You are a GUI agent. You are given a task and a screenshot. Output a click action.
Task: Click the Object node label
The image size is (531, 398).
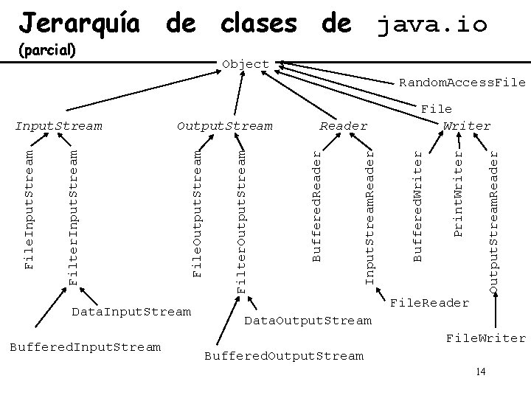246,64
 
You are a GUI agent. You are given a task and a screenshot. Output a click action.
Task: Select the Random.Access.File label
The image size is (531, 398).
462,83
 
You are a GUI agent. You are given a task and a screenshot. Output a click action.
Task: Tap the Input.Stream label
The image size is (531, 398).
59,126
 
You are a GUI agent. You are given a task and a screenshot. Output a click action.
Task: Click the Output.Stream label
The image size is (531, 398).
225,126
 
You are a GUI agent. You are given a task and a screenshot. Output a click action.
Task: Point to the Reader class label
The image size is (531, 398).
343,126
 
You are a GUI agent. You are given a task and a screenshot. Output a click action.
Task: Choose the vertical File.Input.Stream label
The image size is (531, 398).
29,208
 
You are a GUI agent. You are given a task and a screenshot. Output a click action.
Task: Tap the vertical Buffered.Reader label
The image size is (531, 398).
316,204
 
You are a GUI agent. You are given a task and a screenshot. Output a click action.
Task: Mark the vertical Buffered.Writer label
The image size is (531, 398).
417,204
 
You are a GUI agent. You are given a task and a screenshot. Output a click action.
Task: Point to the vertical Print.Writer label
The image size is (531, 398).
458,193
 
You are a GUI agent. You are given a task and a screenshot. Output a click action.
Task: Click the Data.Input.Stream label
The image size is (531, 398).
131,312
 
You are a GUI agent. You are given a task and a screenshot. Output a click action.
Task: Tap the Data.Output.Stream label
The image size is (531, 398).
308,321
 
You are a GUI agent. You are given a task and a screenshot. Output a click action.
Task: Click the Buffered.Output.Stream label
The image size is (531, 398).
283,356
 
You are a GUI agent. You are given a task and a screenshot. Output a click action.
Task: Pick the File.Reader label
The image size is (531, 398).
429,302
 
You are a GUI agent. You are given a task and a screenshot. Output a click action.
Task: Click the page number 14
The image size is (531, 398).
481,371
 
